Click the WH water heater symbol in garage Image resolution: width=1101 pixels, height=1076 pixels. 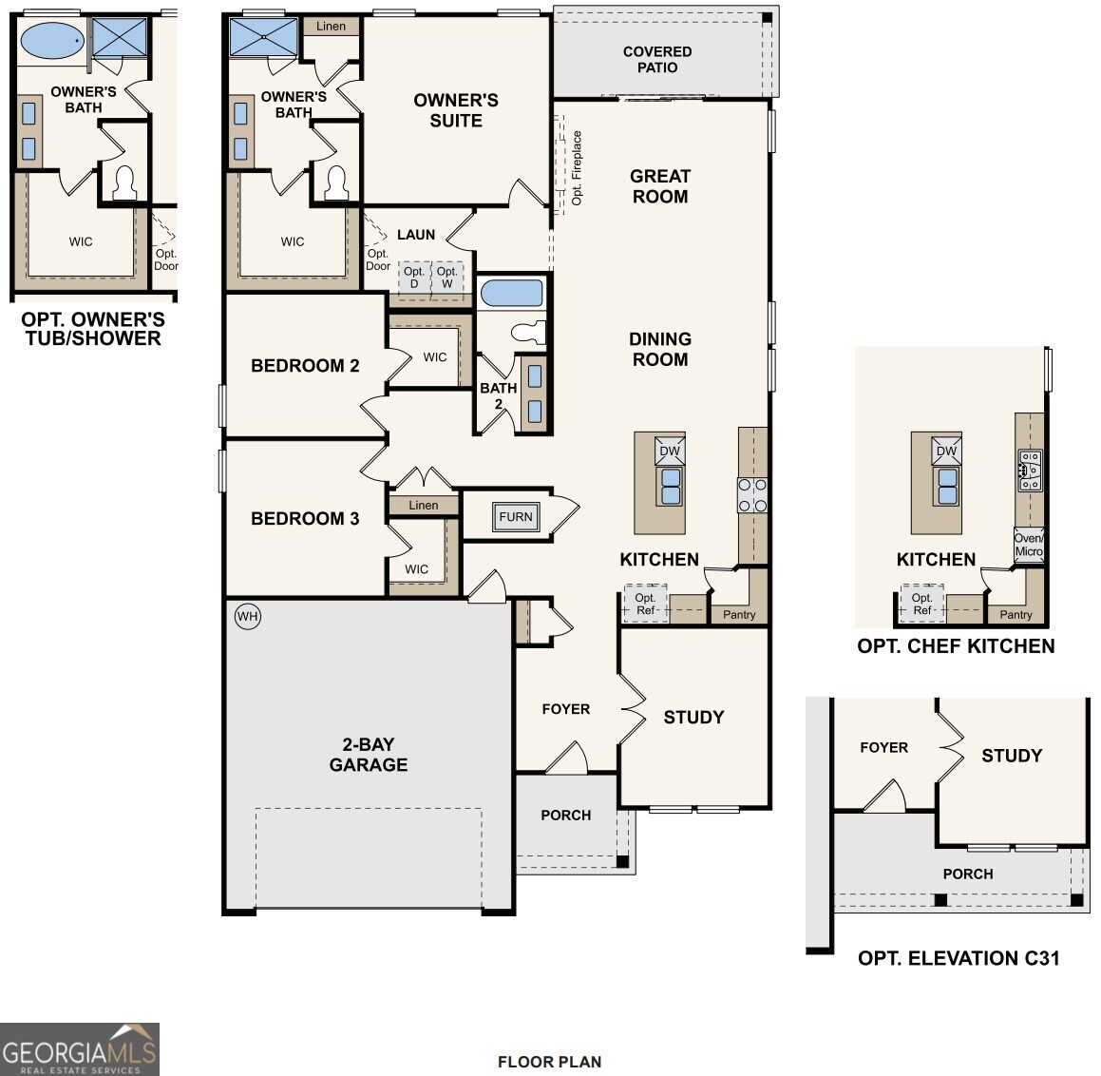(247, 617)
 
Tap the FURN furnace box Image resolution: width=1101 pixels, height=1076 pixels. (516, 517)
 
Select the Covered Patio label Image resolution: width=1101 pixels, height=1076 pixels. (657, 60)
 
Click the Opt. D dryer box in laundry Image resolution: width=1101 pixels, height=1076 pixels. (414, 278)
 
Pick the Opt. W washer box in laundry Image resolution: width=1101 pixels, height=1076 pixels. (447, 278)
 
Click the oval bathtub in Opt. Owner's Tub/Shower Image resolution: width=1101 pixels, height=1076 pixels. (51, 41)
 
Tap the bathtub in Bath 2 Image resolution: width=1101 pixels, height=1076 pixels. (511, 293)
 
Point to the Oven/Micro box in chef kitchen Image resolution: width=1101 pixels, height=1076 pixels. (1029, 545)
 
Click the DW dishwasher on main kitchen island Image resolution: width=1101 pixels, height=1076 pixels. (670, 451)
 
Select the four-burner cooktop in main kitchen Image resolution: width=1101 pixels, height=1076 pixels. (752, 495)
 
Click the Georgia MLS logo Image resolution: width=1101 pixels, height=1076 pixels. (80, 1048)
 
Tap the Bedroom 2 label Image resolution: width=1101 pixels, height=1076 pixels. (305, 366)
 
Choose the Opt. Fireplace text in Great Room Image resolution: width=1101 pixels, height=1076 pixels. (577, 168)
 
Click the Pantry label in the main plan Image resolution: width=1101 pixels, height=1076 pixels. (739, 615)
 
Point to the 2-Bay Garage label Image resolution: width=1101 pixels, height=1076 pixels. (369, 755)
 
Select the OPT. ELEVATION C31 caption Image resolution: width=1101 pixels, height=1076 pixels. (959, 958)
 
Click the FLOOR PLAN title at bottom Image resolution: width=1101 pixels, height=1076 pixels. (549, 1062)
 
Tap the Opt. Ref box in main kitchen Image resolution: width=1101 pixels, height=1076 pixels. (645, 605)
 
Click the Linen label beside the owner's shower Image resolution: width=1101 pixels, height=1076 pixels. (332, 27)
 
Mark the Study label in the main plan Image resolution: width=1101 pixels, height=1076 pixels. (693, 718)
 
